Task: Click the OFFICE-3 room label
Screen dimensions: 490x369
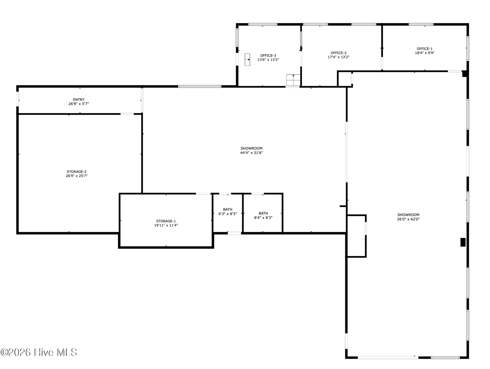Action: [268, 56]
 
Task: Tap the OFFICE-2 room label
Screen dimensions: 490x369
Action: [338, 53]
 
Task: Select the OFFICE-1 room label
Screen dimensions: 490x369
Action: [425, 49]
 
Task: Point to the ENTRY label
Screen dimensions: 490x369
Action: [79, 100]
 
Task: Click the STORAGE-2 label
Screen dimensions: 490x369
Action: [76, 172]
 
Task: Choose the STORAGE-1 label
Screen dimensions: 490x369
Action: [166, 221]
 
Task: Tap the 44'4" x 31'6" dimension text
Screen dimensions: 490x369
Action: [251, 153]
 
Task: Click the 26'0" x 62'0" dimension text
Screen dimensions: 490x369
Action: [408, 219]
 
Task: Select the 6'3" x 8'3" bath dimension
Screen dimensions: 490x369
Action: [227, 214]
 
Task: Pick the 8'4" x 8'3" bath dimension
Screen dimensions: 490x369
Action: [263, 218]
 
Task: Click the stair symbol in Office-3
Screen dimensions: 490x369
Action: [293, 80]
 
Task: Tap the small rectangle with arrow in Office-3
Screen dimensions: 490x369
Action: [247, 59]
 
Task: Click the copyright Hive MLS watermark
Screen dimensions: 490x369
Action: [39, 352]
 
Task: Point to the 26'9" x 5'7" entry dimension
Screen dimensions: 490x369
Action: [79, 104]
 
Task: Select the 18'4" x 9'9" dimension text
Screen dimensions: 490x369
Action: [425, 53]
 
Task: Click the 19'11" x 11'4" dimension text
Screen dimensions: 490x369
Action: [166, 225]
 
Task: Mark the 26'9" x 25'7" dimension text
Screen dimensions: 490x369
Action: [76, 176]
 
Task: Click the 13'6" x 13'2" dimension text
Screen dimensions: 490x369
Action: [268, 60]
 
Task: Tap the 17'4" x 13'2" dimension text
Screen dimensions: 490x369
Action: [338, 57]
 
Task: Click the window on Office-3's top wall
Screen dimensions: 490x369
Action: [263, 24]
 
